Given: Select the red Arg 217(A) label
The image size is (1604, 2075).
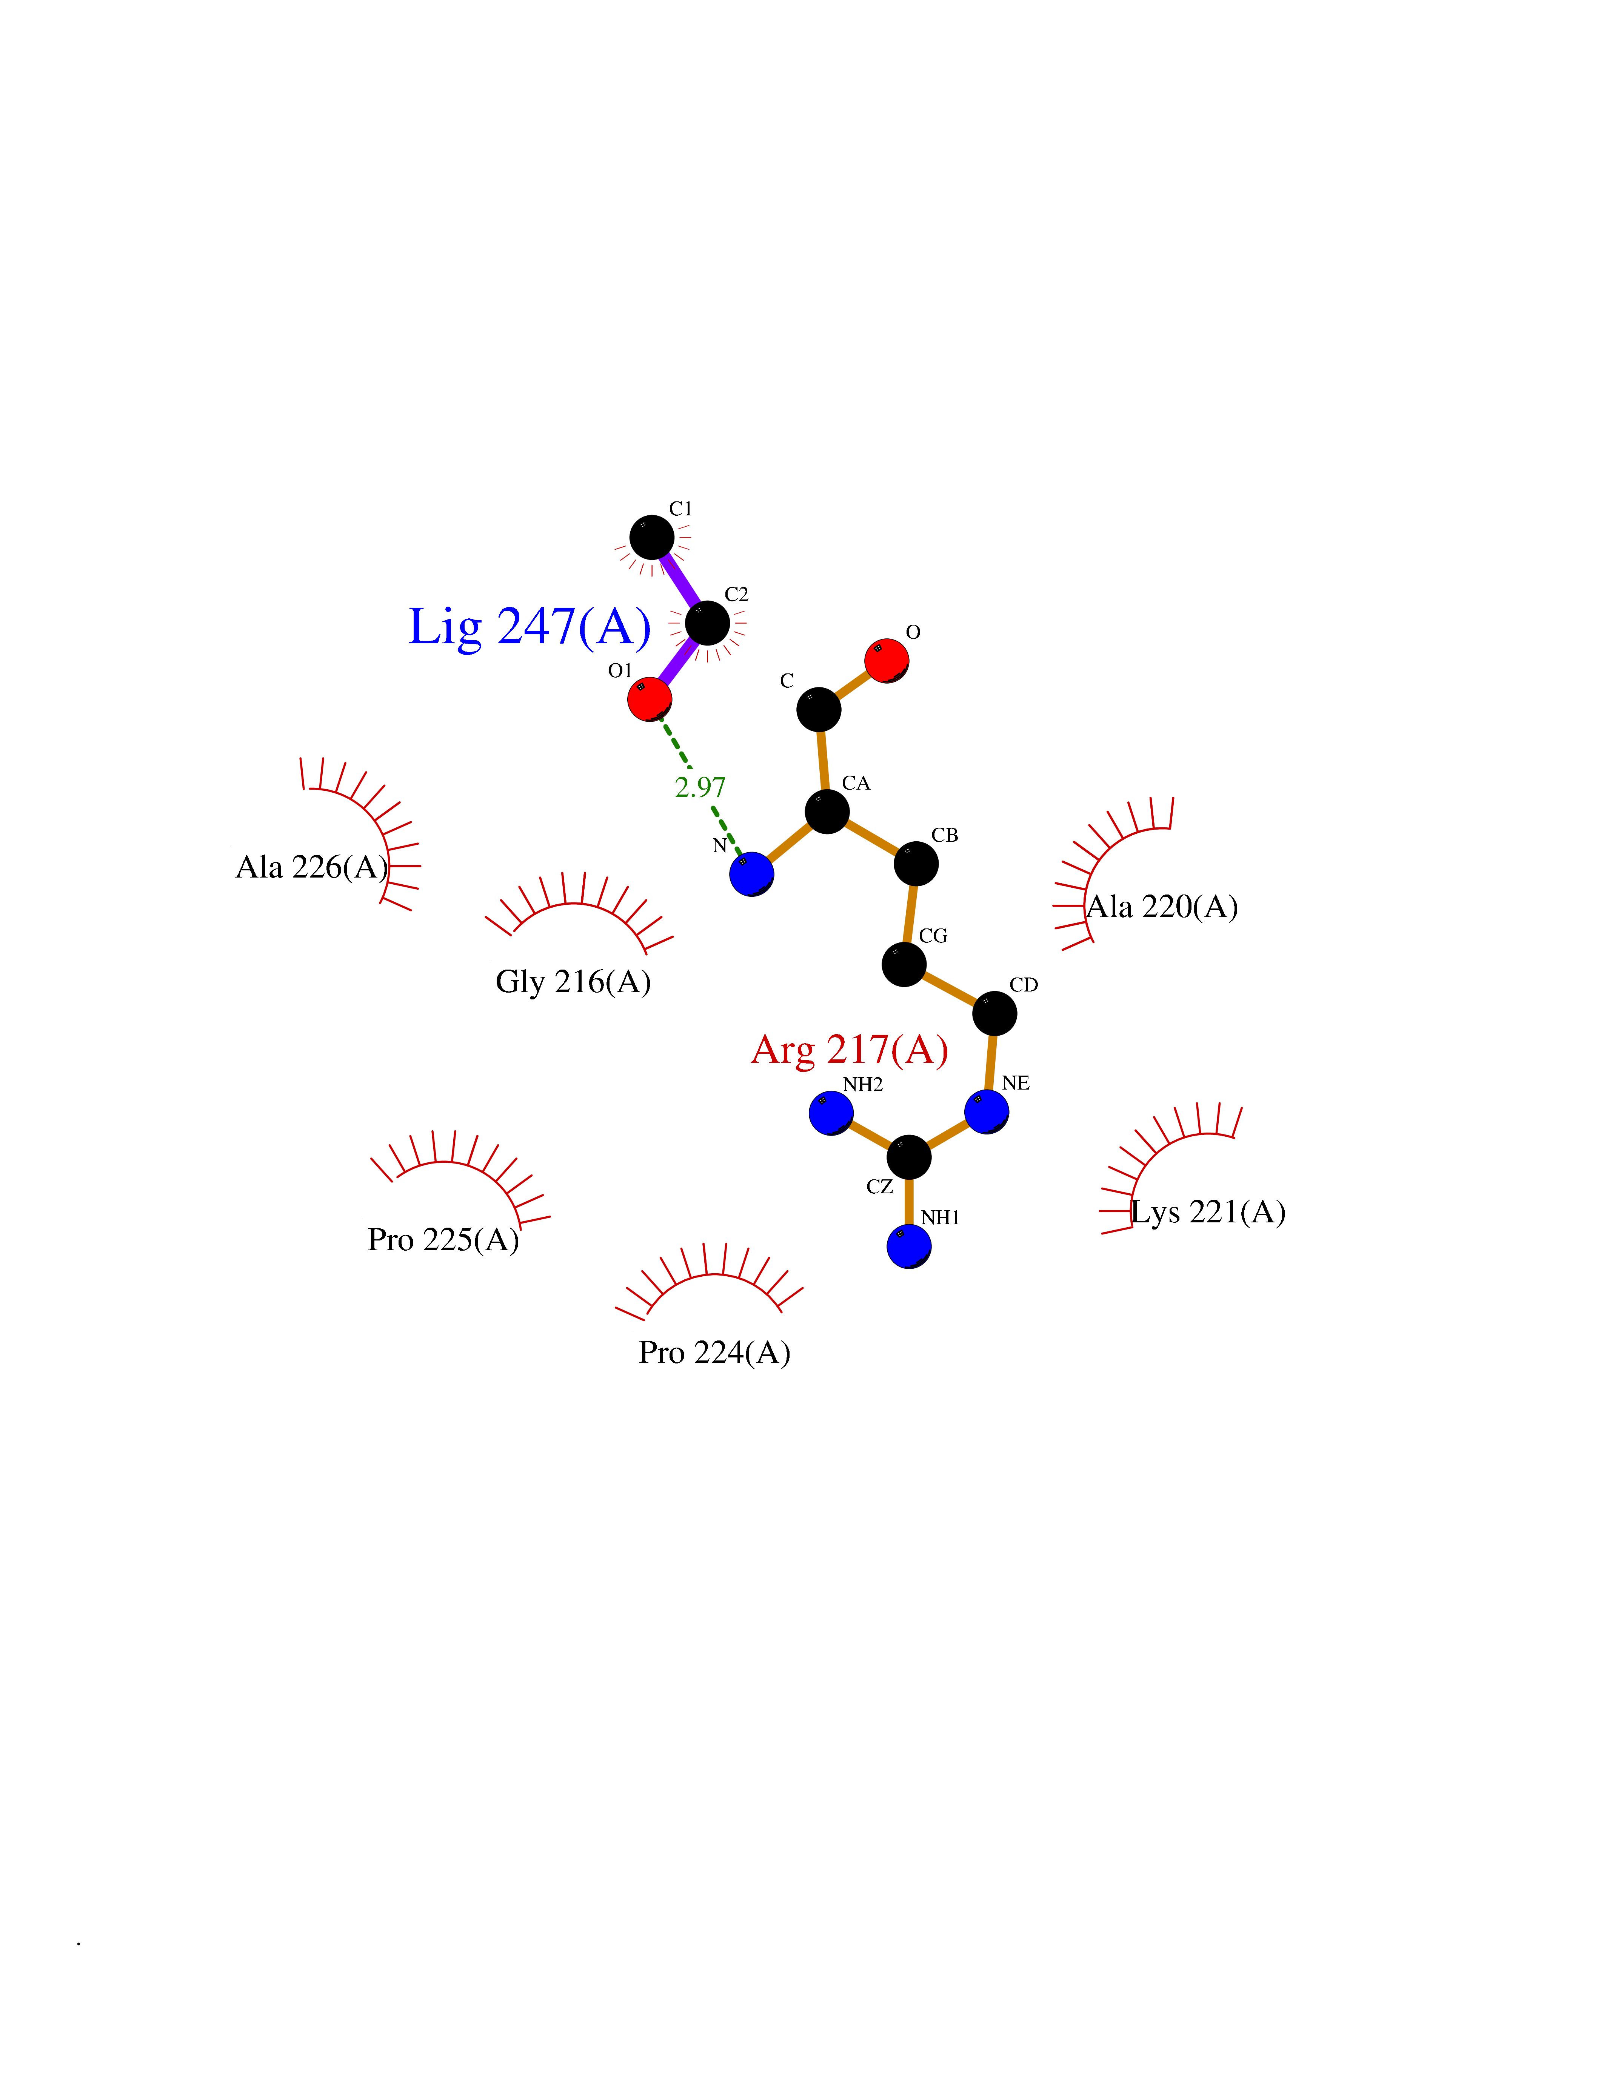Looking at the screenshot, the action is pos(850,1050).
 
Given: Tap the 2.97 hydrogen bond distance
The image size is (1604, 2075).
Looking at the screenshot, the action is pos(700,788).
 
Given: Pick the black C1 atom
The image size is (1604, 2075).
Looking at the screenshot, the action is pos(652,538).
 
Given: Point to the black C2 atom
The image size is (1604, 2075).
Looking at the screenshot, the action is pos(707,623).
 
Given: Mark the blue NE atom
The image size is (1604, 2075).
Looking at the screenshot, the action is pos(986,1111).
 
